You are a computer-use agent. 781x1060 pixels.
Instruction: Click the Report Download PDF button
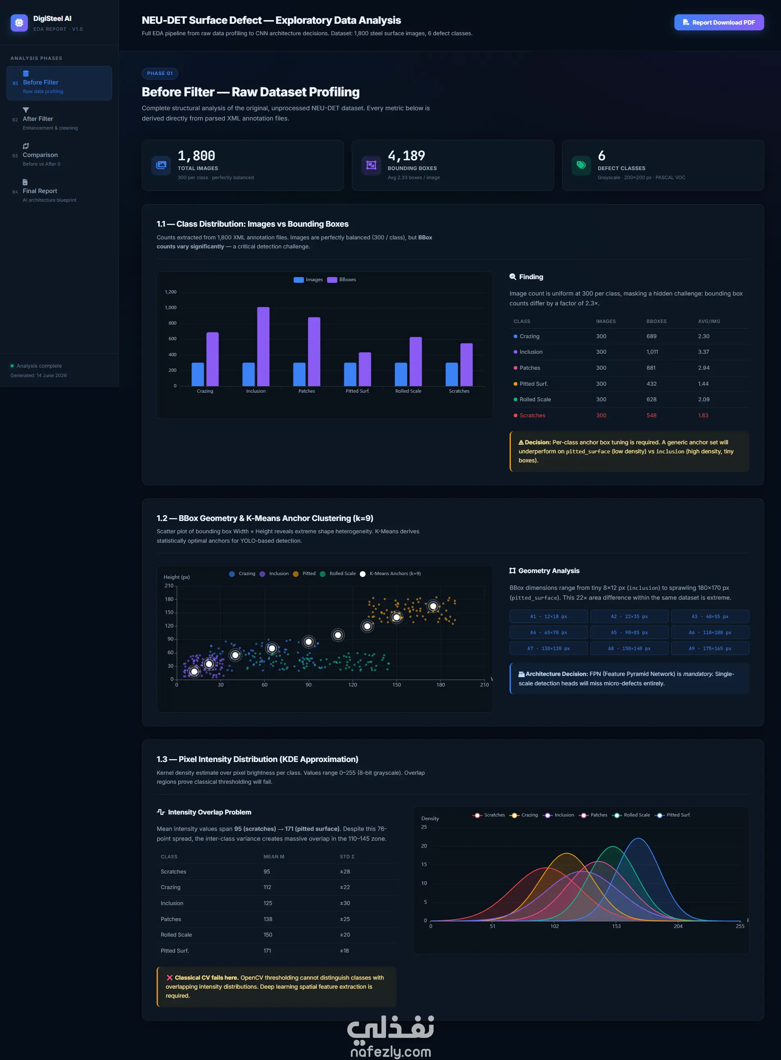tap(719, 22)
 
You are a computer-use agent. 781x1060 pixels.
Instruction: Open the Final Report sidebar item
tap(59, 191)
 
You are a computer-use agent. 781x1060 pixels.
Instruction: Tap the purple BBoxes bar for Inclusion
tap(263, 346)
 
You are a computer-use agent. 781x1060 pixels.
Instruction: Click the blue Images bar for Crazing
tap(198, 374)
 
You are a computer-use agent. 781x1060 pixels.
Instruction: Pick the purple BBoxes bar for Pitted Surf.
tap(365, 369)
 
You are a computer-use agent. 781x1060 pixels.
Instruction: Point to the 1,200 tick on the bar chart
tap(171, 292)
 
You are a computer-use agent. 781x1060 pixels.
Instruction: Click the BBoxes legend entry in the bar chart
tap(342, 280)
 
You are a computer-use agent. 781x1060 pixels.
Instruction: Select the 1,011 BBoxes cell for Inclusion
tap(652, 352)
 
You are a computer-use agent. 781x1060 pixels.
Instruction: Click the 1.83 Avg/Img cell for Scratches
tap(703, 415)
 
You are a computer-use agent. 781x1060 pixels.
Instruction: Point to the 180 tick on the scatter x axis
tap(441, 685)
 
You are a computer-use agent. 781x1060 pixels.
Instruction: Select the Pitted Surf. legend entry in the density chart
tap(673, 815)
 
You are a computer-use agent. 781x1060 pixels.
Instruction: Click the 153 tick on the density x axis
tap(617, 926)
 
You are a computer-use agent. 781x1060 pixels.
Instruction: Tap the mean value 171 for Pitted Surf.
tap(267, 951)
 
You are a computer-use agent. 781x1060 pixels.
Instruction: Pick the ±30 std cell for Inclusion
tap(345, 903)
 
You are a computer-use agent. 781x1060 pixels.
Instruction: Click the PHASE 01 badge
tap(160, 74)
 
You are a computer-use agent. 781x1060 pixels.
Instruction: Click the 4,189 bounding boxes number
tap(406, 156)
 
